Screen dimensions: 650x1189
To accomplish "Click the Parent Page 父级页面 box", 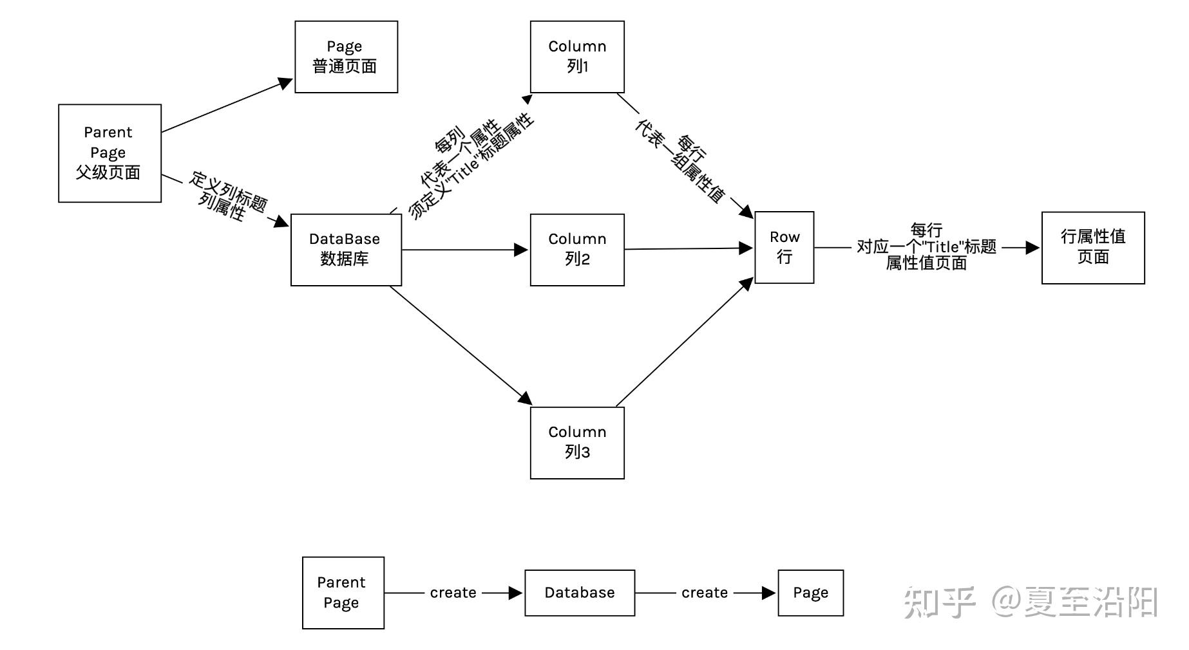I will [x=109, y=153].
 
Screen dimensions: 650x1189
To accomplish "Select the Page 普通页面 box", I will [x=346, y=57].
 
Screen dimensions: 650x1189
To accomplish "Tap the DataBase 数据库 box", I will [x=346, y=250].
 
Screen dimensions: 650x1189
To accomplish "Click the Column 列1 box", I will [x=577, y=57].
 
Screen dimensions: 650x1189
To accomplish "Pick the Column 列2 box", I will [x=577, y=250].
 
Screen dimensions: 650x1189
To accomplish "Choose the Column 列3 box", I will [x=577, y=443].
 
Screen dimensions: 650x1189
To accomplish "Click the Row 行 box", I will [x=784, y=247].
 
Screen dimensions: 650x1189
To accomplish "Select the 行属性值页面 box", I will [x=1093, y=248].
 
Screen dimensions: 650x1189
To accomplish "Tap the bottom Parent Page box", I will [x=343, y=593].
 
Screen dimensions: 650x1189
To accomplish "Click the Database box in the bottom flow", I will [x=579, y=593].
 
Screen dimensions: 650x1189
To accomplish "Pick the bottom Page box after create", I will [x=810, y=593].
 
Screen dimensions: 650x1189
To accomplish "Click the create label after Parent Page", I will [x=453, y=593].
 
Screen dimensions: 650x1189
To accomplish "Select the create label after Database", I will [x=705, y=593].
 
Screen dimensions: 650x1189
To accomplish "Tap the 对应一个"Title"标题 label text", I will [x=926, y=247].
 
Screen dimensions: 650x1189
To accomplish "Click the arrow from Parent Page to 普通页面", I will [x=225, y=107].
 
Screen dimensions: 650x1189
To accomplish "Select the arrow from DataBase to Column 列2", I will [x=464, y=250].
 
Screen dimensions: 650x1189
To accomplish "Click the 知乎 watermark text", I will [x=939, y=602].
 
